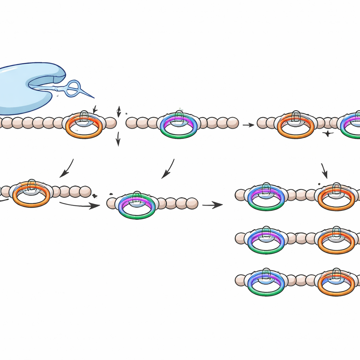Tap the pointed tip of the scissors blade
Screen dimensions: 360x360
click(x=93, y=97)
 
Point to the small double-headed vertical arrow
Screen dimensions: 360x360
click(x=118, y=111)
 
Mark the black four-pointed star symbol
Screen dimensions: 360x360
click(x=328, y=134)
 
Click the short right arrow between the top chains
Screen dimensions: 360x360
click(x=248, y=125)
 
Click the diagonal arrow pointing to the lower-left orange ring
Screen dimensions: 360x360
click(x=67, y=168)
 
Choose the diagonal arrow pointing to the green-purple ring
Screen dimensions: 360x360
click(x=168, y=169)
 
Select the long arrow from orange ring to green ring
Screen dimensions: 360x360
click(x=79, y=205)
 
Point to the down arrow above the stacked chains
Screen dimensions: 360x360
click(x=324, y=171)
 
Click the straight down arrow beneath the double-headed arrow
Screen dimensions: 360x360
click(x=118, y=139)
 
